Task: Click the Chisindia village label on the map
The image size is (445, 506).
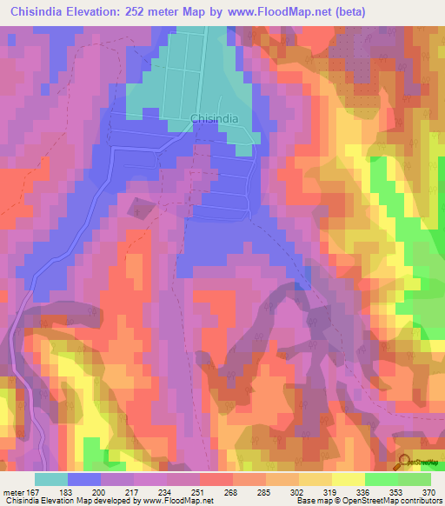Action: [212, 121]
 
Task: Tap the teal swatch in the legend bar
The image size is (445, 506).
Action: [51, 479]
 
